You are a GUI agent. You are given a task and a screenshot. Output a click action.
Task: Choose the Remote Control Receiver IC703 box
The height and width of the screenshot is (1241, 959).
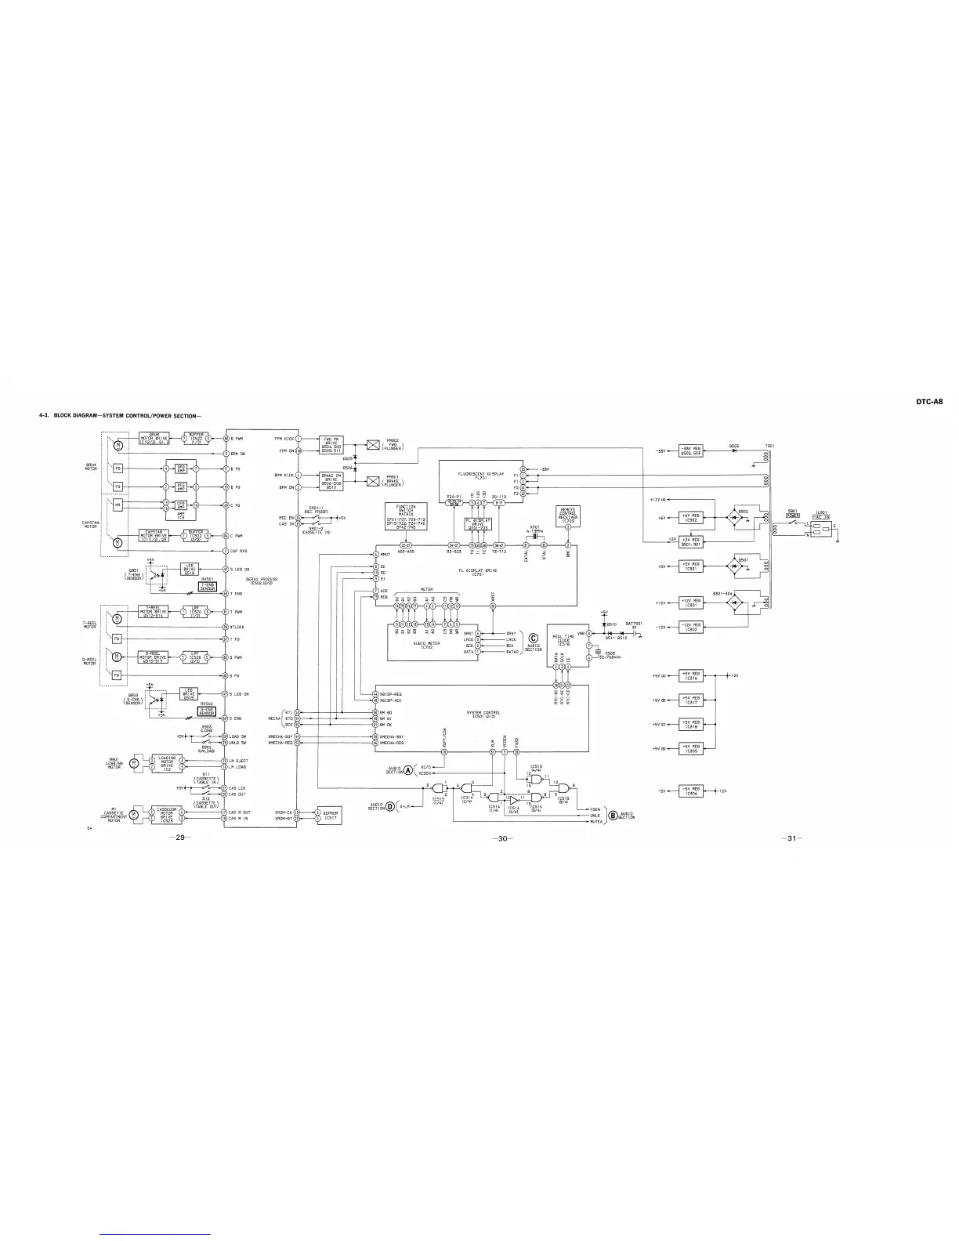pos(568,515)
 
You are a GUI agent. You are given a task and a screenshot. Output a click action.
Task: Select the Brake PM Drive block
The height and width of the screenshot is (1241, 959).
pos(329,480)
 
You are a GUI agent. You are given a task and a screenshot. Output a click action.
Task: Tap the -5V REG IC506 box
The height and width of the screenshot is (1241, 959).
pos(690,791)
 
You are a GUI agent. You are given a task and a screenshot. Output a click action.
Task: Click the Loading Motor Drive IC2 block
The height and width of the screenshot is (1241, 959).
pos(166,762)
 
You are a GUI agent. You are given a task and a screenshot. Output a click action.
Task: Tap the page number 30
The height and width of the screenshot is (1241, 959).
pos(502,839)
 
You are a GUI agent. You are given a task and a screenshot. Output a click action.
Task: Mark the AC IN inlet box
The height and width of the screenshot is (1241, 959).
pos(821,515)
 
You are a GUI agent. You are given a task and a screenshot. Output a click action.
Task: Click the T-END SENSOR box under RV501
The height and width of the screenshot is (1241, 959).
pos(207,586)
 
